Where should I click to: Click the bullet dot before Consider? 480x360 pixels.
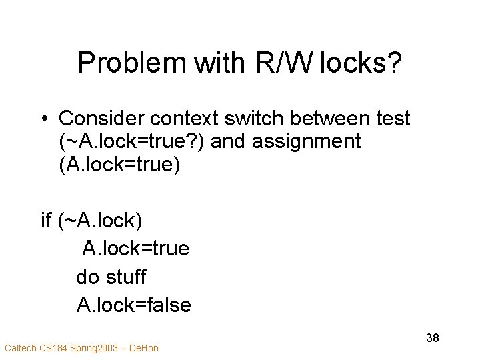pos(43,119)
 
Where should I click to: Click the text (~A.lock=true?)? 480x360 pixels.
pos(133,141)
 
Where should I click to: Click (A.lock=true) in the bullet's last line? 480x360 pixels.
pos(120,164)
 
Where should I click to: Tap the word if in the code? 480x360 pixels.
pos(47,220)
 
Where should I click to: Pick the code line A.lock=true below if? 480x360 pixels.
pos(135,249)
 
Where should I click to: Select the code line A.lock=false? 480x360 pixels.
pos(134,305)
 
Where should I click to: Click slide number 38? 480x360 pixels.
pos(432,338)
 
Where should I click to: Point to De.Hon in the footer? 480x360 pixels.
pos(143,347)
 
